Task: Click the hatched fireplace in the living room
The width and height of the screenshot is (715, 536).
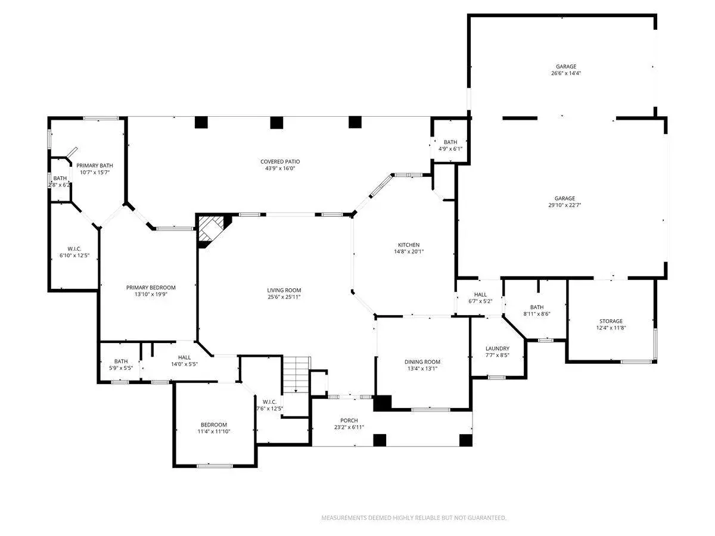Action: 212,228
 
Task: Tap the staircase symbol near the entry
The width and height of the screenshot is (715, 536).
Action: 296,375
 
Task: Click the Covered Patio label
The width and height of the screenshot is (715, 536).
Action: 280,161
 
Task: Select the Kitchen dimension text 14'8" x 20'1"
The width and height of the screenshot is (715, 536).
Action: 409,251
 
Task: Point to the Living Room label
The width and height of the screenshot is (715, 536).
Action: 284,290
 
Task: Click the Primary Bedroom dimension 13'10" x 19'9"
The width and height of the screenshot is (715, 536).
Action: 151,294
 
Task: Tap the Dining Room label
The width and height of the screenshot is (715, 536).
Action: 422,362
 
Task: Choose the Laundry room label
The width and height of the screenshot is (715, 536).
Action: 498,348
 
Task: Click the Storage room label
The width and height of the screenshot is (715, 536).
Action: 611,321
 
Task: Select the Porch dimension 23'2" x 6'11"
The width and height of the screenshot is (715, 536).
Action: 349,427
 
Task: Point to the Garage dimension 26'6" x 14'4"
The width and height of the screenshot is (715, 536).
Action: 566,73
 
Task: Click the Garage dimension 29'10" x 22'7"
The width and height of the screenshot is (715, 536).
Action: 564,205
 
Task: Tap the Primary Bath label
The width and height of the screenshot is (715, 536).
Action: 95,166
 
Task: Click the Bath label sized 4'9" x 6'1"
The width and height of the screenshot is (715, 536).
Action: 450,142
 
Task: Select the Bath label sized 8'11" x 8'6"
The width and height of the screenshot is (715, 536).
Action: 537,307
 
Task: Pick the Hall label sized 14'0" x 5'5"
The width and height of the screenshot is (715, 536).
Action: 184,357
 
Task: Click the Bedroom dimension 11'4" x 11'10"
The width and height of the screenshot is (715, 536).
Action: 214,432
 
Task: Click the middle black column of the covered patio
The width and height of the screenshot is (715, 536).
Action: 276,122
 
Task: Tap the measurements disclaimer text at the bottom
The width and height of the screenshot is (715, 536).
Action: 414,518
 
